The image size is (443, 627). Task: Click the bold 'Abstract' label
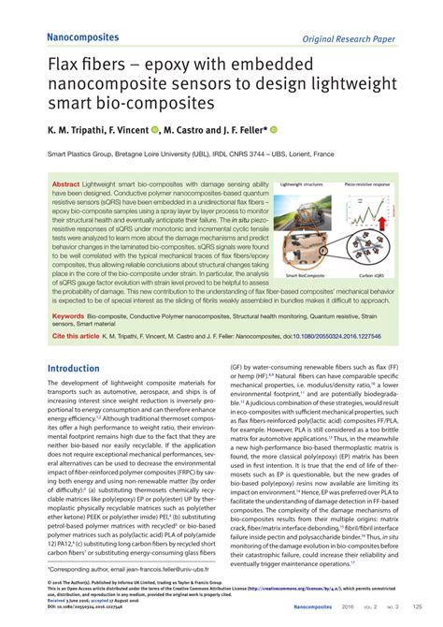pyautogui.click(x=65, y=184)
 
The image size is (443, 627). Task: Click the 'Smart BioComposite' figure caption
pyautogui.click(x=306, y=274)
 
